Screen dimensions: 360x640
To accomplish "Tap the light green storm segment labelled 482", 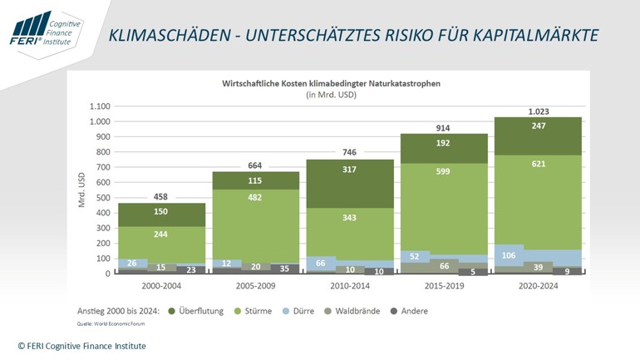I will tap(256, 222).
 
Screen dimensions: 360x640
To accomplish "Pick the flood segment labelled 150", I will tap(161, 212).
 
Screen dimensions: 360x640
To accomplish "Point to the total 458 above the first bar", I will tap(161, 196).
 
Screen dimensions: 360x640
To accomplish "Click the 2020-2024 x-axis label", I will tap(538, 285).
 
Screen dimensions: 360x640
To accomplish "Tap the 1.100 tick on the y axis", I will tap(99, 106).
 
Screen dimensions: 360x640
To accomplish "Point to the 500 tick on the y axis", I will tap(103, 197).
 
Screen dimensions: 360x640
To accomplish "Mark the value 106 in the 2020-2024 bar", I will tap(507, 254).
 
